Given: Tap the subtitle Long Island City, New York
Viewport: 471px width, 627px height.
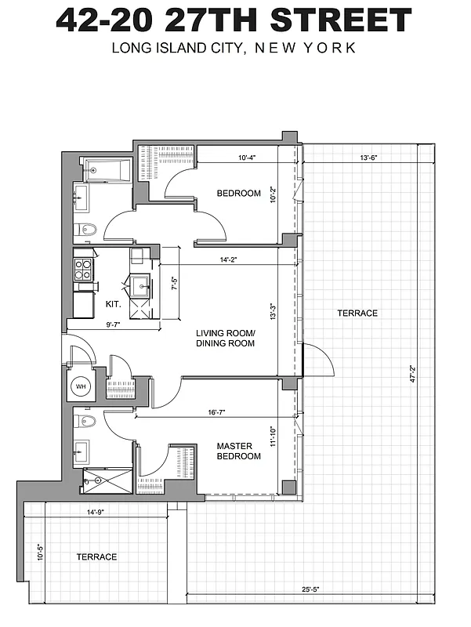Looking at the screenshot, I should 234,48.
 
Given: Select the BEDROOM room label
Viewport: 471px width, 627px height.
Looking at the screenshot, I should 238,193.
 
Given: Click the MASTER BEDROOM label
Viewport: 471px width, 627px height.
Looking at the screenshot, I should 238,451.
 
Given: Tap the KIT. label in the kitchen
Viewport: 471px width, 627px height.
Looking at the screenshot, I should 113,303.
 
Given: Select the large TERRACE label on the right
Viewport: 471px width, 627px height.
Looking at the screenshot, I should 357,313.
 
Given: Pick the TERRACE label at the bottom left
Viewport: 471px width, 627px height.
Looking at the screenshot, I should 96,556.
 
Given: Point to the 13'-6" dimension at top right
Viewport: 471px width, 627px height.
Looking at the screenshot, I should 370,158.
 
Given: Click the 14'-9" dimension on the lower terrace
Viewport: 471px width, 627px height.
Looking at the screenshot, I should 96,512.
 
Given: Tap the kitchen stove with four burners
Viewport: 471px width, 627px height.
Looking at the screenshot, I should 83,269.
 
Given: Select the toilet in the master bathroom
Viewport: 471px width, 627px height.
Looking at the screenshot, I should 87,422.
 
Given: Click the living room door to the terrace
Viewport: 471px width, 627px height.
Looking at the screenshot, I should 317,359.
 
